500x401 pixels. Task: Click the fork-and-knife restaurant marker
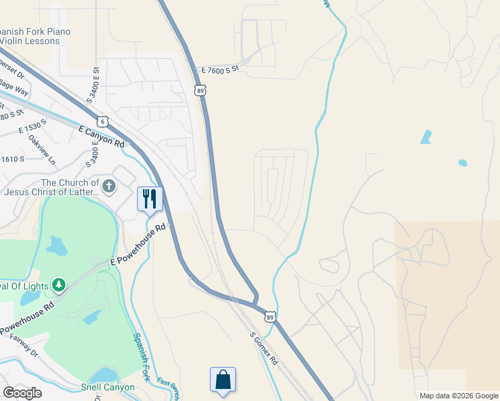[150, 198]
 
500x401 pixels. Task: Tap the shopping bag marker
[223, 380]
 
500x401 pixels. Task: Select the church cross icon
[109, 186]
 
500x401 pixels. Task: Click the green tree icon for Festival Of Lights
[59, 285]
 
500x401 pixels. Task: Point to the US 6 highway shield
[102, 121]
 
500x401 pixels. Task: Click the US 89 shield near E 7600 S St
[201, 89]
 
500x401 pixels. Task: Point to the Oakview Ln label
[42, 150]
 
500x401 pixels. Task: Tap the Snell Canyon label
[108, 387]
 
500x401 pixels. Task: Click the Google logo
[22, 393]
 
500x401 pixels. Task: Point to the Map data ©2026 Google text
[458, 396]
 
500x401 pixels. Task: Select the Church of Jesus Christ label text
[51, 187]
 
